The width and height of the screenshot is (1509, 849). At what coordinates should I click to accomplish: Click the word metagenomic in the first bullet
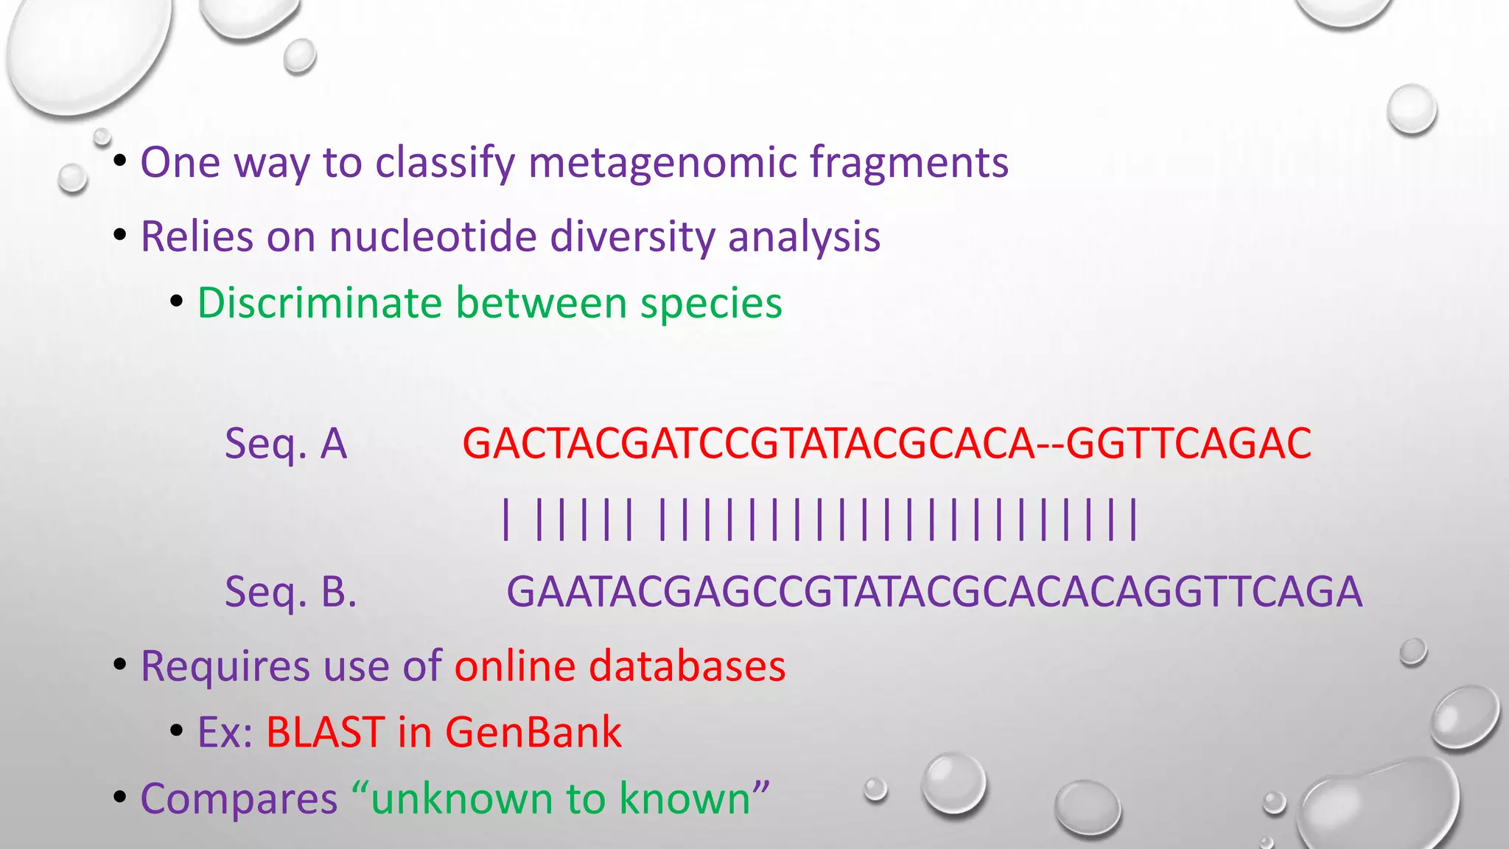(662, 163)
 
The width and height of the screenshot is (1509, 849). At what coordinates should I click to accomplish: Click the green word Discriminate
(320, 303)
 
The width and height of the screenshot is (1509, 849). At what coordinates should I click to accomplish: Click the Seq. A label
(285, 444)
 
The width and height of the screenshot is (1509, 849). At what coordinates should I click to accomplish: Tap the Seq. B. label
(290, 591)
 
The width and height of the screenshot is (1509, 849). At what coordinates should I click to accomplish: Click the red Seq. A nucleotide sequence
(886, 444)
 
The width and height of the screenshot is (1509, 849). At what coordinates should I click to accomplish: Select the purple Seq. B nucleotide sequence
(934, 591)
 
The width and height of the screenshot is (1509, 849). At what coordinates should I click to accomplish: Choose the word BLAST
(324, 733)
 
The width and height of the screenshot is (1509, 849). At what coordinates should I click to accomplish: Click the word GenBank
(533, 733)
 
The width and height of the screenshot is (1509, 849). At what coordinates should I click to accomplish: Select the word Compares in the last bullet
(239, 799)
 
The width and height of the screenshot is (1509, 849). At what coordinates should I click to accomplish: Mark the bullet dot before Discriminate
(176, 301)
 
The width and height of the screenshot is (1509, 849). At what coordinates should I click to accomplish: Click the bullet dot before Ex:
(176, 731)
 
